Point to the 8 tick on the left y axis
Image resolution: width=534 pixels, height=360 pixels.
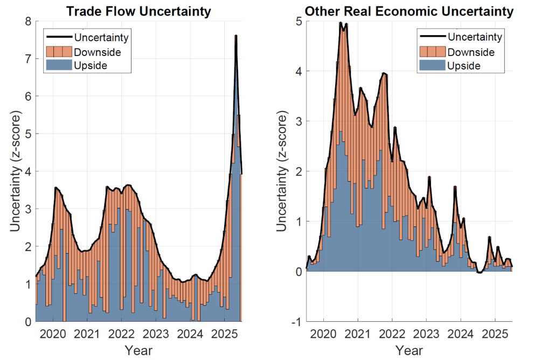click(x=27, y=21)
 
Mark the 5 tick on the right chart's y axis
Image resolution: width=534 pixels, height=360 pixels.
click(x=297, y=21)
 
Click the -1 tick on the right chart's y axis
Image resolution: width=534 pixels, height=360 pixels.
click(x=295, y=322)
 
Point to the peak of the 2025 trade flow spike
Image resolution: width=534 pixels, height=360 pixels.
click(x=235, y=36)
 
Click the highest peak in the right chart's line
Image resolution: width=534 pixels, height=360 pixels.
click(x=341, y=23)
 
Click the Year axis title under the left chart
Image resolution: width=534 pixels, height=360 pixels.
click(x=138, y=350)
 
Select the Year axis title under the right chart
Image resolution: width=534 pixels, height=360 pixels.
click(x=409, y=350)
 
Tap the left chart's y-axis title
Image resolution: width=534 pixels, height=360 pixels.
click(x=15, y=171)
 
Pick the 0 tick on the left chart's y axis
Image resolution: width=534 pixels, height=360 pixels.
click(x=27, y=322)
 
